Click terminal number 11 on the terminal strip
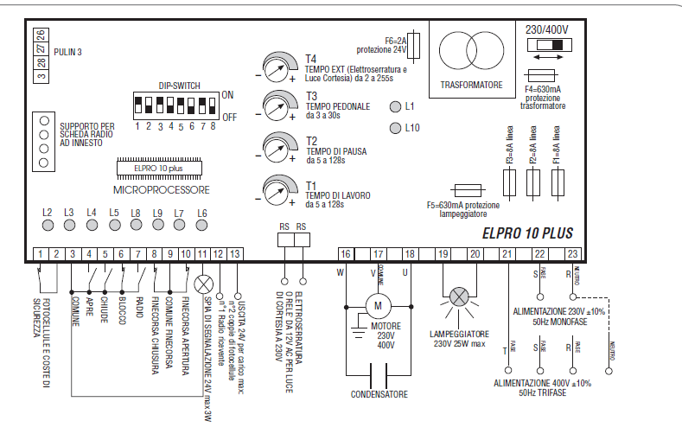click(x=202, y=253)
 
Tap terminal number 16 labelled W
click(x=345, y=253)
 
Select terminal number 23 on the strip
click(x=571, y=253)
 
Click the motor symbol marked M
click(x=377, y=304)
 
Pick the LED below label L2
click(x=48, y=226)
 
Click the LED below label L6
click(x=201, y=226)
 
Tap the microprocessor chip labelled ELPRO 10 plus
click(x=161, y=168)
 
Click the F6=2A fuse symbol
click(x=418, y=44)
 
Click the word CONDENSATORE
click(x=378, y=393)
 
